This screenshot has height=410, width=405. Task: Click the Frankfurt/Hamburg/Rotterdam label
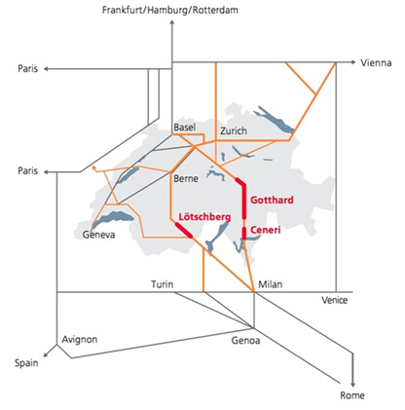[x=170, y=10]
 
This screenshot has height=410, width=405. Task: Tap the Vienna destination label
[x=376, y=62]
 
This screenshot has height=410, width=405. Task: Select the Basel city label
[x=184, y=128]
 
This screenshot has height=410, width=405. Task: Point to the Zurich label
[x=234, y=130]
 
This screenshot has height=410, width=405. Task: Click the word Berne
[x=186, y=178]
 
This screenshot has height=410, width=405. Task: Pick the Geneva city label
[x=98, y=235]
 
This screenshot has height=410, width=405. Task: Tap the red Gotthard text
[x=272, y=200]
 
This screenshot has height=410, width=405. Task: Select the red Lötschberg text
[x=205, y=217]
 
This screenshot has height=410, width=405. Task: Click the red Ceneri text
[x=266, y=230]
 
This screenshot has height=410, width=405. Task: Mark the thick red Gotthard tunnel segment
[x=244, y=201]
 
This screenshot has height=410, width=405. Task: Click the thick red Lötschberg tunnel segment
[x=184, y=230]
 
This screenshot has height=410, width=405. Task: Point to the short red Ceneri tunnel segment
[x=244, y=233]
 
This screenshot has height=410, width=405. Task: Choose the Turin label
[x=163, y=284]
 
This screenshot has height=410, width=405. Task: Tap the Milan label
[x=271, y=284]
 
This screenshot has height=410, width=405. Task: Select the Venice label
[x=335, y=300]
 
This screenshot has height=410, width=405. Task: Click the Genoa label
[x=245, y=340]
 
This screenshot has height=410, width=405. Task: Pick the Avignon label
[x=80, y=340]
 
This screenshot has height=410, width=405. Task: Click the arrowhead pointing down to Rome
[x=353, y=385]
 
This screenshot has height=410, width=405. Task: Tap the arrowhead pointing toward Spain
[x=46, y=355]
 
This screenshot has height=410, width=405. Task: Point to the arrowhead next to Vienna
[x=353, y=62]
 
